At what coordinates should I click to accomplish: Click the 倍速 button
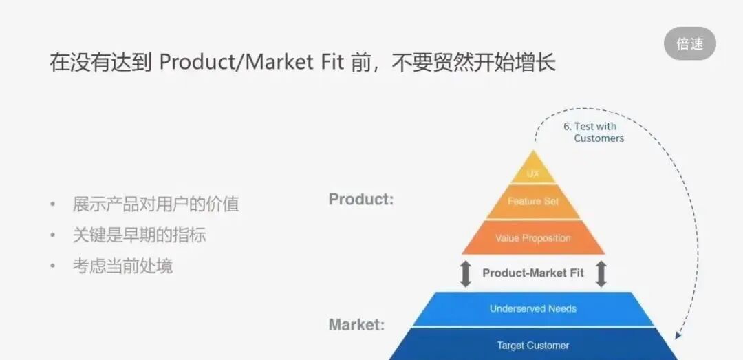[689, 44]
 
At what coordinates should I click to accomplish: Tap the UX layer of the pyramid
[533, 173]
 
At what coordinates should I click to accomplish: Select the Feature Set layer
[533, 202]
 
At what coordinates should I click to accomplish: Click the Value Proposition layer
[533, 238]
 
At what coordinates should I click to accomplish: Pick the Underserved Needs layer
[533, 308]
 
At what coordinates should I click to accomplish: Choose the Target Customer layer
[533, 345]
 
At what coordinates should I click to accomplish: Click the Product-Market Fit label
[533, 273]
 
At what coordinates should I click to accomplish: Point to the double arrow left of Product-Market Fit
[466, 273]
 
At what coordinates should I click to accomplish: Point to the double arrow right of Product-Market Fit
[601, 273]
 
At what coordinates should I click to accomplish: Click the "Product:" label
[361, 200]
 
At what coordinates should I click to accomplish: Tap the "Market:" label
[356, 324]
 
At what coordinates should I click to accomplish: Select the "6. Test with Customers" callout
[593, 132]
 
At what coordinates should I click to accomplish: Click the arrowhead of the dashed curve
[678, 335]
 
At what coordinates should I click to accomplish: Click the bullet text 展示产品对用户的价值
[155, 204]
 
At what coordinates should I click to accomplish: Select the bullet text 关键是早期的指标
[139, 235]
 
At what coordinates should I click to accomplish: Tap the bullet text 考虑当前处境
[122, 266]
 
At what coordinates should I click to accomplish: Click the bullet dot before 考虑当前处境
[53, 266]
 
